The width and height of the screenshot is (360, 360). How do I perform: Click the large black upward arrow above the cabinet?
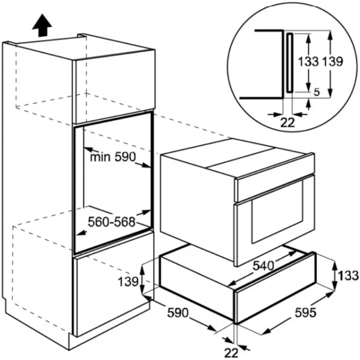[42, 25]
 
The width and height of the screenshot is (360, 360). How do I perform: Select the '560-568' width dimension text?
[112, 222]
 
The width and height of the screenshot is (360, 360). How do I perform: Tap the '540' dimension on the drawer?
[264, 266]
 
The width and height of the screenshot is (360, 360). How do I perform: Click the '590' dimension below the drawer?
[178, 312]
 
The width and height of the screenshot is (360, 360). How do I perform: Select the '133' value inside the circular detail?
[309, 62]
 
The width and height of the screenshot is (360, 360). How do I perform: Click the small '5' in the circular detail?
[316, 92]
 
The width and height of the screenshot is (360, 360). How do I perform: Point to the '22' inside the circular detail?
[287, 123]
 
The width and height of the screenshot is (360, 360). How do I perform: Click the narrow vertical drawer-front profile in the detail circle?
[289, 63]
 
